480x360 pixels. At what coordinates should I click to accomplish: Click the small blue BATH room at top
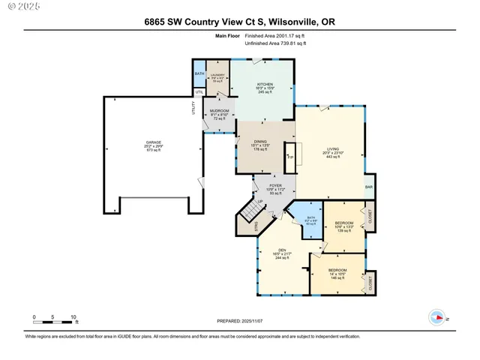[x=199, y=74]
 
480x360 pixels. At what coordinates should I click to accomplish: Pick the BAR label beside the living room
[x=368, y=187]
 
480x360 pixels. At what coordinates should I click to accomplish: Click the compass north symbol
[x=436, y=317]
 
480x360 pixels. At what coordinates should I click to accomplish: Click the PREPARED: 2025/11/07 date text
[x=240, y=322]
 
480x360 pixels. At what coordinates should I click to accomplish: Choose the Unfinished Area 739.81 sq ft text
[x=276, y=44]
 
